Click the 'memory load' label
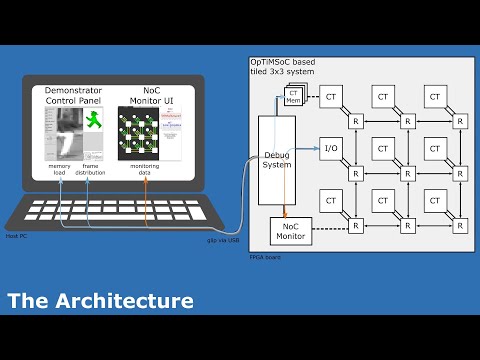click(x=58, y=170)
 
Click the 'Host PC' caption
click(x=14, y=236)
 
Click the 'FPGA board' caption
click(x=265, y=258)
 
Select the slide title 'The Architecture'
click(x=100, y=300)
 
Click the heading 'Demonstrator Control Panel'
click(x=80, y=95)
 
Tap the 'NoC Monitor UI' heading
click(x=150, y=95)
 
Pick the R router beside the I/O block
click(x=355, y=174)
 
